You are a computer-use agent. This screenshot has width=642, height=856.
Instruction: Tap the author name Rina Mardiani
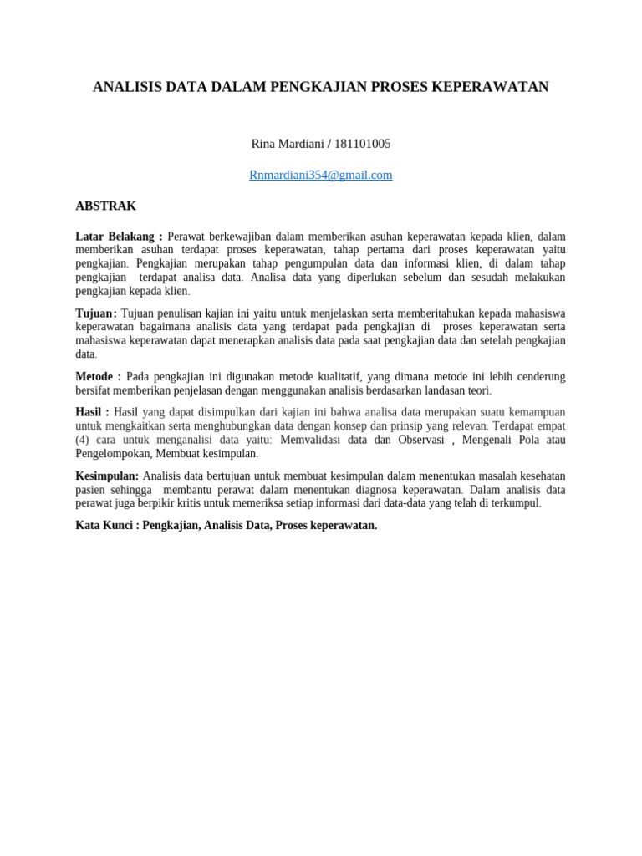[x=287, y=144]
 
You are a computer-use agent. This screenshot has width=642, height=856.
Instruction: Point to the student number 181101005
[x=362, y=144]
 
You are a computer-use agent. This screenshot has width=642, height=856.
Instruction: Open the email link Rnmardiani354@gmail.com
[x=321, y=175]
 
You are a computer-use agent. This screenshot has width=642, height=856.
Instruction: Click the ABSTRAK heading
[x=106, y=206]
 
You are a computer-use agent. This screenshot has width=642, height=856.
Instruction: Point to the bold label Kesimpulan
[x=106, y=476]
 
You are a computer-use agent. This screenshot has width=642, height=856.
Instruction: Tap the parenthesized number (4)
[x=82, y=440]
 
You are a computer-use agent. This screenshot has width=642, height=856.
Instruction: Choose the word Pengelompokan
[x=113, y=453]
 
